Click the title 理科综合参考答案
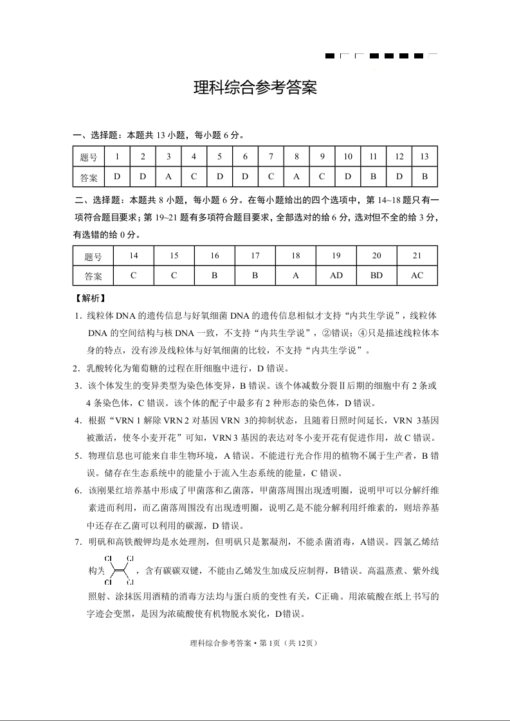[x=255, y=89]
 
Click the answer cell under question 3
[x=168, y=177]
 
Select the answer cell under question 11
[x=373, y=177]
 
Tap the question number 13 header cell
[x=424, y=156]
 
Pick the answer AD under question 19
[x=336, y=276]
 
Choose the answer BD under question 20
[x=377, y=276]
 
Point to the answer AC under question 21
[x=417, y=276]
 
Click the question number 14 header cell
[x=133, y=256]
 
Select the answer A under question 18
[x=296, y=276]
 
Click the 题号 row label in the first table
[x=89, y=157]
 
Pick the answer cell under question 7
[x=271, y=177]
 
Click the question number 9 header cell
[x=322, y=156]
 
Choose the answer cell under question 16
[x=215, y=276]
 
